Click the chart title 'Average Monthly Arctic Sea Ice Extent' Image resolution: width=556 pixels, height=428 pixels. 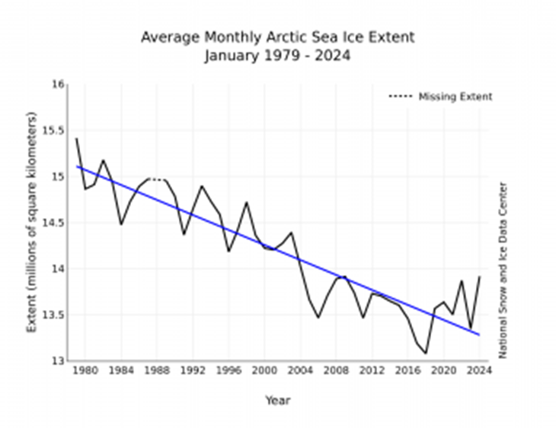pos(277,37)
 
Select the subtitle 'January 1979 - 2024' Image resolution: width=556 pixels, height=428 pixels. pos(277,55)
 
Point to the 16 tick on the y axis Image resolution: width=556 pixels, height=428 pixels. pos(58,84)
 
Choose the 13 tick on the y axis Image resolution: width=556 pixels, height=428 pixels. pos(58,360)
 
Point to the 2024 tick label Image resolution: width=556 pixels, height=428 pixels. pos(479,371)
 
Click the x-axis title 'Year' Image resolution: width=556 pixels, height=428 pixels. pos(277,400)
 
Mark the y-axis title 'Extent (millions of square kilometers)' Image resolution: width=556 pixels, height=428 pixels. pos(32,222)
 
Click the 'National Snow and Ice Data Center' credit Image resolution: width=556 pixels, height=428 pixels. pos(503,270)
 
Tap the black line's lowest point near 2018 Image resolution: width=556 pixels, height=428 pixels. pos(426,353)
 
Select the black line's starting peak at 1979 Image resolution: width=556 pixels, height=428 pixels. pos(76,138)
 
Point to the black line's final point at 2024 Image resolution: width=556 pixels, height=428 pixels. pos(480,277)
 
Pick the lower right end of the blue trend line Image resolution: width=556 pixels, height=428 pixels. pos(480,334)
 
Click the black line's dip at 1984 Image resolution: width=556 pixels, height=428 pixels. pos(120,224)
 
